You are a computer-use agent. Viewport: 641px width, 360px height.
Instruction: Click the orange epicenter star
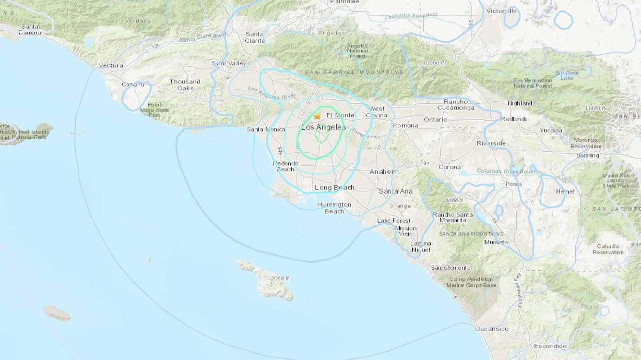coord(317,116)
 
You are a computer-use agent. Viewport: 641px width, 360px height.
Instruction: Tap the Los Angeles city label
coord(324,127)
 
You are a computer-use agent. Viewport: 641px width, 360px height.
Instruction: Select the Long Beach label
coord(335,187)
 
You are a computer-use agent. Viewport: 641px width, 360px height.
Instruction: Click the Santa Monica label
coord(266,129)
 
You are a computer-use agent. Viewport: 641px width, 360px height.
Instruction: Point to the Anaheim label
coord(384,172)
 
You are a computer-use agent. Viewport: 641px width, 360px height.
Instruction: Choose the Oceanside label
coord(492,329)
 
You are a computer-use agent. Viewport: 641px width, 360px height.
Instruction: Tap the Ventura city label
coord(111,66)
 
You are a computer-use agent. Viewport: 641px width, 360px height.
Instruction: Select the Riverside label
coord(491,143)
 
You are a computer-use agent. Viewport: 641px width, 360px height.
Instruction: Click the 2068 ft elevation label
coord(280,279)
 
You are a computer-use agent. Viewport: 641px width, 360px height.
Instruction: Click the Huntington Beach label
coord(334,208)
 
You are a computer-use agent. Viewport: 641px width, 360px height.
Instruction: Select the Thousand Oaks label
coord(185,85)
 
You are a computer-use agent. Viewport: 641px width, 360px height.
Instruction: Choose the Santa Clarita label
coord(255,38)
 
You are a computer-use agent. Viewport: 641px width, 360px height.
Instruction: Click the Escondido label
coord(550,346)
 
